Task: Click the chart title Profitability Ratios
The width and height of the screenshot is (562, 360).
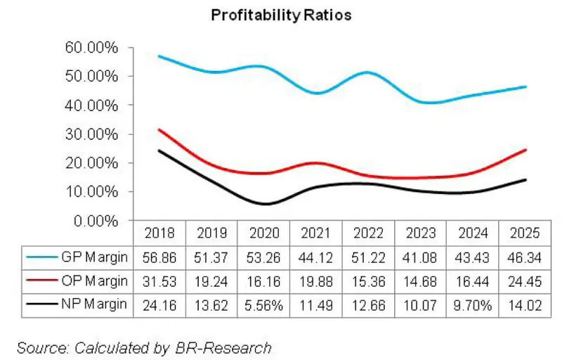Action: point(280,15)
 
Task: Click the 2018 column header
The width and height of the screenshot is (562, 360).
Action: point(158,233)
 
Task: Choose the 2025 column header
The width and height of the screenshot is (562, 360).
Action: point(523,233)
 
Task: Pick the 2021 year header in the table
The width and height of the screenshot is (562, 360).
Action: point(315,233)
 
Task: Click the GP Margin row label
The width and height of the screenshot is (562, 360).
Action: point(93,257)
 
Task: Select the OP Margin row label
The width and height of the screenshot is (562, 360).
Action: point(93,281)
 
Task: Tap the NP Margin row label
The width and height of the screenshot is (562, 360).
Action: point(93,304)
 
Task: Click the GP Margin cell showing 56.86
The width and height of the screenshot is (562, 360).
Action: point(158,257)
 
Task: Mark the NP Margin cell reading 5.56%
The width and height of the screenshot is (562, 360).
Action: point(263,304)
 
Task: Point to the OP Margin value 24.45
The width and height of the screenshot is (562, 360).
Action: point(523,281)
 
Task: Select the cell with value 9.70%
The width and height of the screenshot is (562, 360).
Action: point(471,304)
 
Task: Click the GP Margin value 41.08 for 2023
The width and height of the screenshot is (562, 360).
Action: point(419,257)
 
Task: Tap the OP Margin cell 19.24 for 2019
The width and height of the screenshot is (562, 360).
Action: point(210,281)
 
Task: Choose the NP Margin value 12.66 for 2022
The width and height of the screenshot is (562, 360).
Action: point(367,304)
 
